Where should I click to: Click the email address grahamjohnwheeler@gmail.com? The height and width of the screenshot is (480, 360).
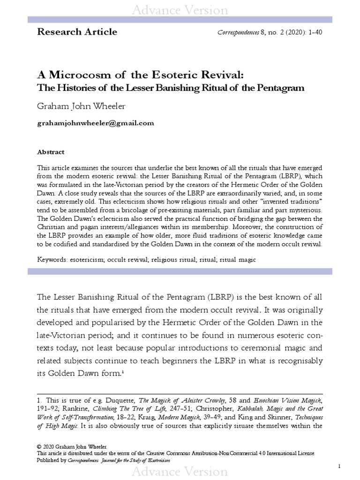95,123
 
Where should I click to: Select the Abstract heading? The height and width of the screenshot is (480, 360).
51,152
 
